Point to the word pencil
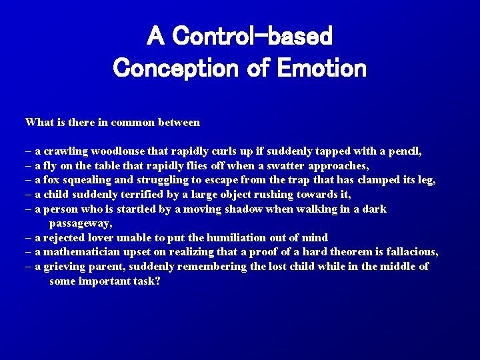click(405, 151)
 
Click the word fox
click(52, 180)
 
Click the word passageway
click(80, 223)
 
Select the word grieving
click(65, 266)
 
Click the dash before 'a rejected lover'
click(29, 237)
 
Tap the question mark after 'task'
click(157, 281)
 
